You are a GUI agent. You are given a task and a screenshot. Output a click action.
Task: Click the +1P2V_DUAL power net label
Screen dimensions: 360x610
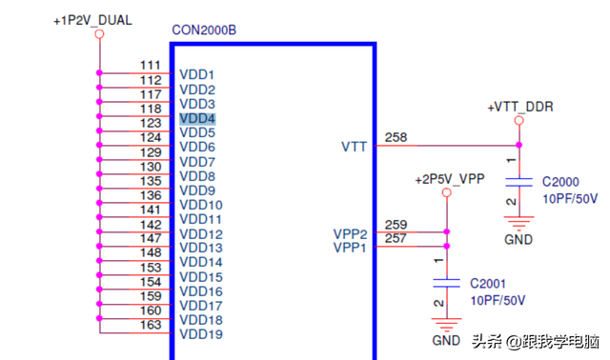[x=91, y=19]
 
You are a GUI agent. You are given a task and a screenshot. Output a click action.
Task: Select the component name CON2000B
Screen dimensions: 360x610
[x=204, y=30]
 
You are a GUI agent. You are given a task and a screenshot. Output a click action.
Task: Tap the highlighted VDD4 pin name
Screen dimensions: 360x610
[x=197, y=119]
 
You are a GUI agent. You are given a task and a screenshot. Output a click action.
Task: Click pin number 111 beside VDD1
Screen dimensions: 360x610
[x=151, y=66]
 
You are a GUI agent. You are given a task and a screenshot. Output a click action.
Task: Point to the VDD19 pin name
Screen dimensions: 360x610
[x=201, y=334]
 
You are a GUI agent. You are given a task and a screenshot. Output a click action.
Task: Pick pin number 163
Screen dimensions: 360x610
[x=151, y=325]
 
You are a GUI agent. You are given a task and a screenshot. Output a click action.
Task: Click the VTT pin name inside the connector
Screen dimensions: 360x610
[x=354, y=147]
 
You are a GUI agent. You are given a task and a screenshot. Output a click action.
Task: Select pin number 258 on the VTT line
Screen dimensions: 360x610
[x=396, y=138]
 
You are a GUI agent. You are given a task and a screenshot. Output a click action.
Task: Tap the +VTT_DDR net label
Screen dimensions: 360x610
[x=520, y=107]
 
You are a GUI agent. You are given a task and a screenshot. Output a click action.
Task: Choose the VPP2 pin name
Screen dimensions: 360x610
[x=350, y=234]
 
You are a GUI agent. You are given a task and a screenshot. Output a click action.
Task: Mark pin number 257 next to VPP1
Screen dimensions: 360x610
[x=396, y=239]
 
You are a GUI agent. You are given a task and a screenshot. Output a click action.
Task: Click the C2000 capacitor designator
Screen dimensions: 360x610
[x=561, y=182]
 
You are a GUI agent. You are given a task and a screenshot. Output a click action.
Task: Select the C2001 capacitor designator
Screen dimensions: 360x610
[x=489, y=284]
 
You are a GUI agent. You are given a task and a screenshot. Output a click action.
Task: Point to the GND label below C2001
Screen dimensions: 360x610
[x=446, y=340]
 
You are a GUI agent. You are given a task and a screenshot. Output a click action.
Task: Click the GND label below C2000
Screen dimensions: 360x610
[x=518, y=239]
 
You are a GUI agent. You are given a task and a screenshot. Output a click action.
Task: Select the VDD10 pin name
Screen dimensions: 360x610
[x=201, y=205]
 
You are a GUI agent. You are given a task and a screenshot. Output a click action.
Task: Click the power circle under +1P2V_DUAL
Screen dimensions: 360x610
[x=98, y=34]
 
